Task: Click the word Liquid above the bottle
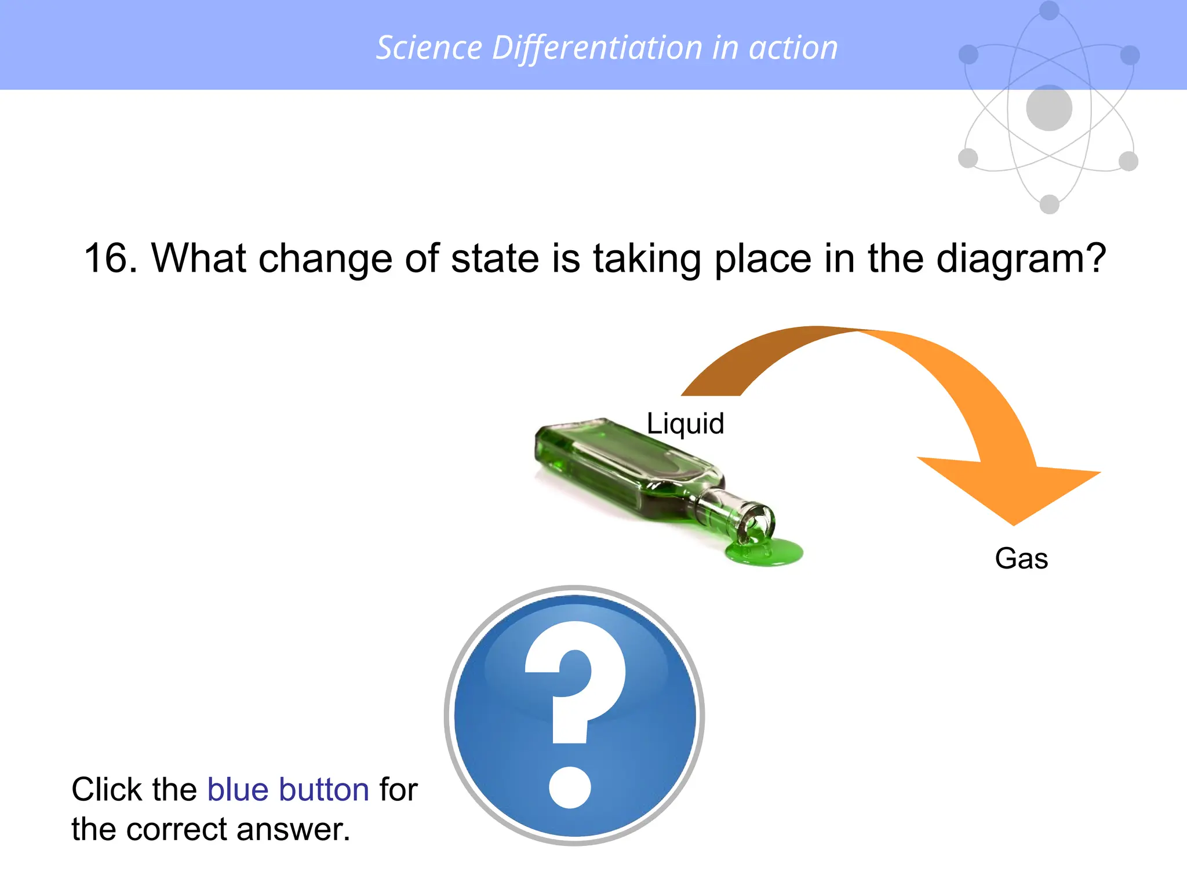[685, 424]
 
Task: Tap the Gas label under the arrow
[1021, 559]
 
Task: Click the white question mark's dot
[570, 787]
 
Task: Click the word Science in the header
[429, 48]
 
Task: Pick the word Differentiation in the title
[597, 48]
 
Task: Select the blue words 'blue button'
[288, 789]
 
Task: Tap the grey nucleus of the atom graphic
[1049, 108]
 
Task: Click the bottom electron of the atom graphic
[1050, 204]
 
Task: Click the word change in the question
[325, 259]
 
